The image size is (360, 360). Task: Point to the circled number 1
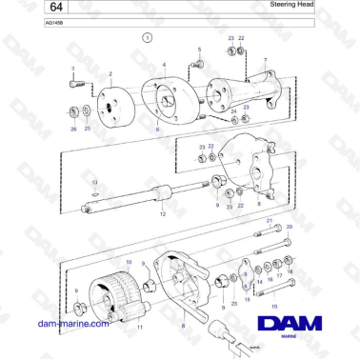148,38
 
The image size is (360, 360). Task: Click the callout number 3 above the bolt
72,69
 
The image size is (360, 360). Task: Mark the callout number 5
199,49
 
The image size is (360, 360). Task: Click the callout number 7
265,58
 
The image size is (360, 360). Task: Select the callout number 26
73,128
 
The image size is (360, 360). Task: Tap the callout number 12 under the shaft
163,214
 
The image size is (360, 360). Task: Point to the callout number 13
94,180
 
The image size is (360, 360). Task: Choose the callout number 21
269,220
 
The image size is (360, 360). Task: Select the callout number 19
274,306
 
